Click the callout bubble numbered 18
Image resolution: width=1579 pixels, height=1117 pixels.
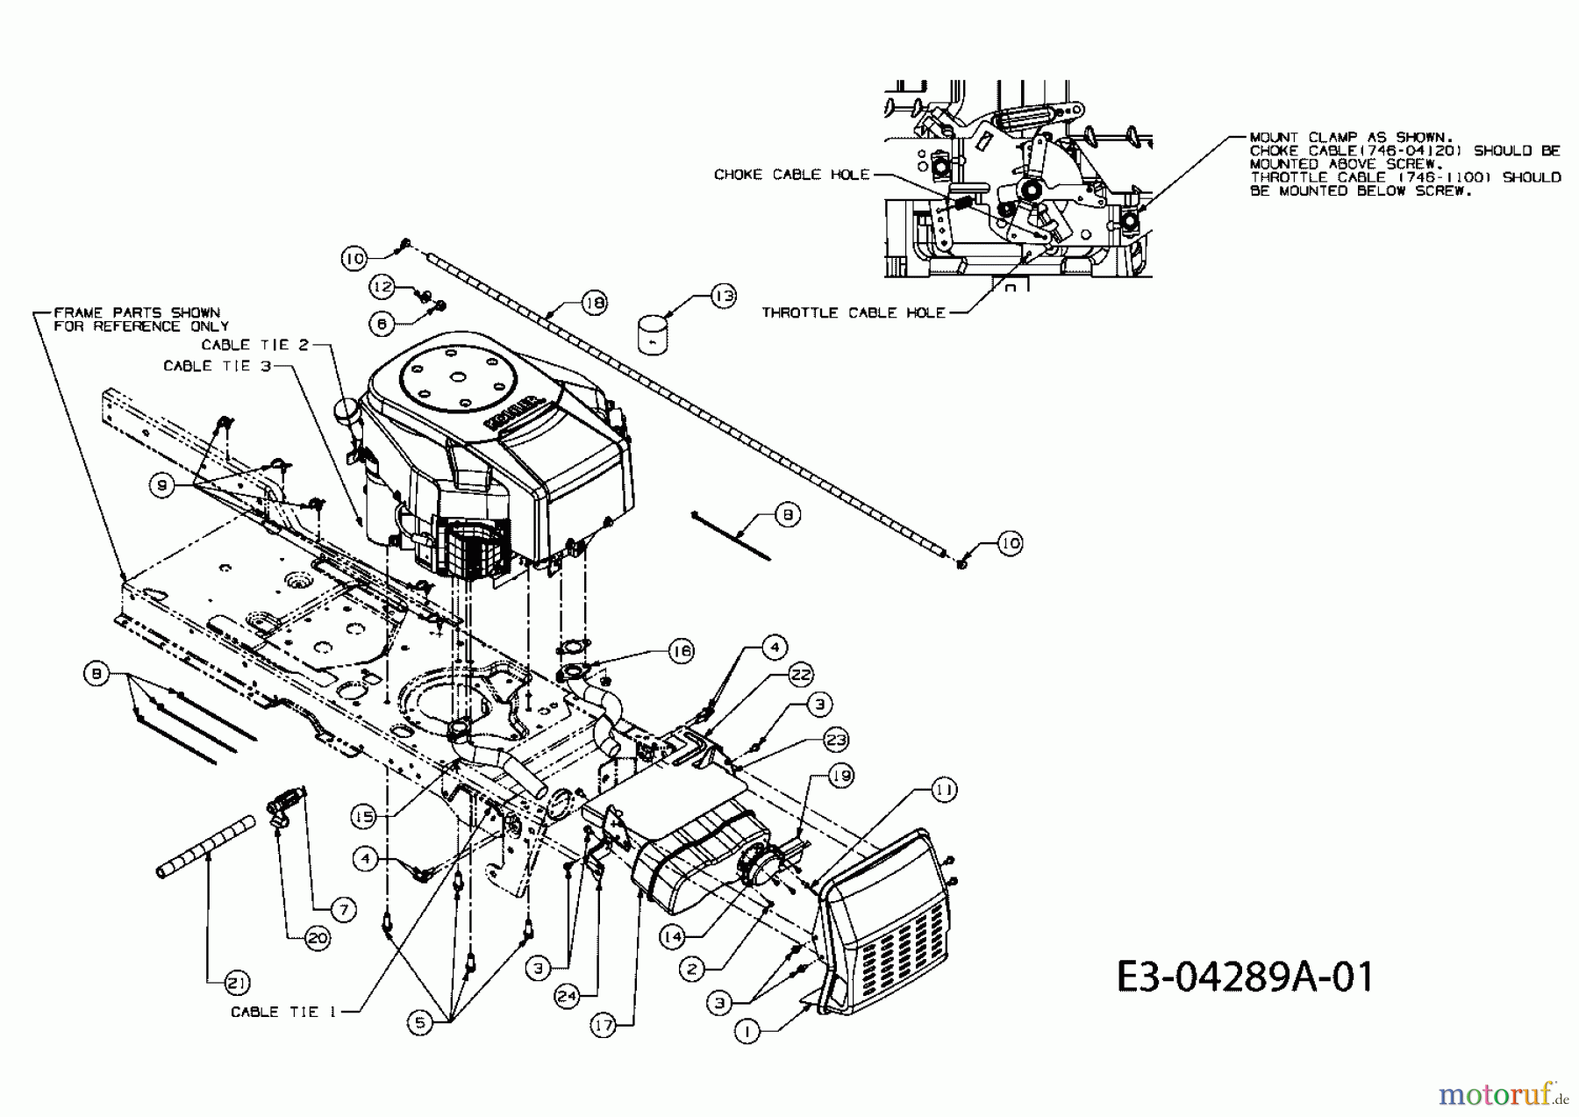[x=594, y=303]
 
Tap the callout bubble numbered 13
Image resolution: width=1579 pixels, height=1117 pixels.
[x=723, y=296]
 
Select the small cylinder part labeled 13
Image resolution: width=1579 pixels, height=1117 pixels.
[x=654, y=335]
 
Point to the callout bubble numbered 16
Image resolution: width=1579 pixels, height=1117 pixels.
[x=681, y=650]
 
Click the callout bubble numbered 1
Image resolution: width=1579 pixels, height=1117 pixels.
[x=747, y=1033]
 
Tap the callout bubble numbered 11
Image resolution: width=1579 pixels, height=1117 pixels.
[x=944, y=790]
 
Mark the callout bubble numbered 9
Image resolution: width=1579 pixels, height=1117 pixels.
[x=161, y=485]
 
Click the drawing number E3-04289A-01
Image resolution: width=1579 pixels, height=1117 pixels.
[x=1245, y=976]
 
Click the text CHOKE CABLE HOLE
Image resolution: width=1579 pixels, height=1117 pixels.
[x=791, y=175]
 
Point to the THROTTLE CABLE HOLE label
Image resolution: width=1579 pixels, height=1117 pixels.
[x=853, y=312]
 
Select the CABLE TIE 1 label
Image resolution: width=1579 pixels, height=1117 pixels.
[x=283, y=1012]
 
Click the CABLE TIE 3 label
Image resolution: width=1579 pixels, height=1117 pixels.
[x=217, y=366]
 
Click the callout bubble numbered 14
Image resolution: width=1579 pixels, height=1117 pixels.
[x=672, y=936]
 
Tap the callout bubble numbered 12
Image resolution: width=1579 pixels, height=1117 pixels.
[x=382, y=286]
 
